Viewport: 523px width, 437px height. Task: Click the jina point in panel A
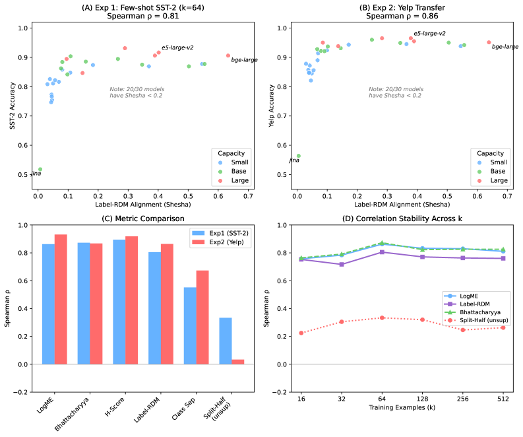[40, 169]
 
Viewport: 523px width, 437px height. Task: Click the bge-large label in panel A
[244, 60]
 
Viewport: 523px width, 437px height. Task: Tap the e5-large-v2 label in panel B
[429, 33]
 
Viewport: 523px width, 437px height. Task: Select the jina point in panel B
[298, 156]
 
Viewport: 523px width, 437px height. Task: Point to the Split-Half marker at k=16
[301, 333]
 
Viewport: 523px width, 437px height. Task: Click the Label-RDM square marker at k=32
[342, 264]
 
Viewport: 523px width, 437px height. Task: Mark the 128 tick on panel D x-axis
[423, 399]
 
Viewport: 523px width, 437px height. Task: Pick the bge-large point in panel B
[489, 42]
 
